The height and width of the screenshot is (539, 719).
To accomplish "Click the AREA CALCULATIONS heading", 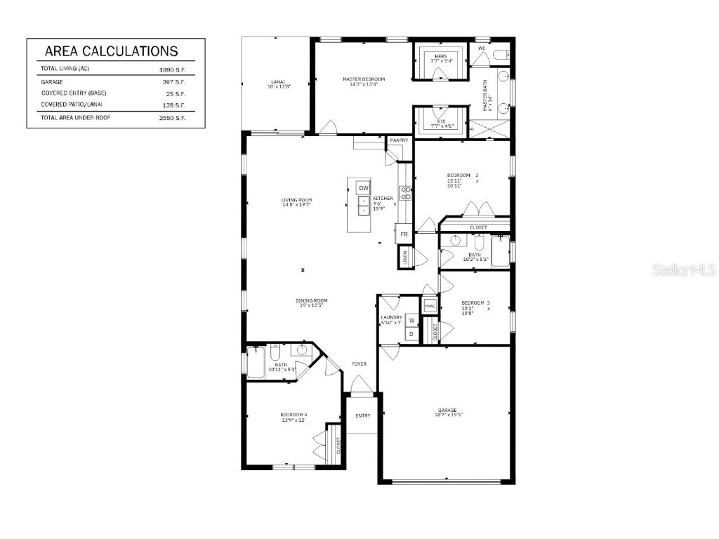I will pos(111,51).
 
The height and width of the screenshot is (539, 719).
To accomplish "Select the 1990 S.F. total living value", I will pos(173,70).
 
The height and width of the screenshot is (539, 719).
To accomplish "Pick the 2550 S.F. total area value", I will pos(173,118).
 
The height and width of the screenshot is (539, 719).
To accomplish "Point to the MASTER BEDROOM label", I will pos(364,79).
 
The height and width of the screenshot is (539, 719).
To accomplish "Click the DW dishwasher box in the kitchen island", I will pos(363,188).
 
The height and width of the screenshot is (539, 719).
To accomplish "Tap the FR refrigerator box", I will pos(404,234).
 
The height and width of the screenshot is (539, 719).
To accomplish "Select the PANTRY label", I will pos(399,140).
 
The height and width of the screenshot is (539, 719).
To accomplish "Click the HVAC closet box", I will pos(430,306).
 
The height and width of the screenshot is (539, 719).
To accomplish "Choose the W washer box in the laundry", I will pos(412,321).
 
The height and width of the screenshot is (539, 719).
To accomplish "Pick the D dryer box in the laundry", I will pos(411,334).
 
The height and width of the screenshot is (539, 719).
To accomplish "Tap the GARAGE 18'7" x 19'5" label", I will pos(447,413).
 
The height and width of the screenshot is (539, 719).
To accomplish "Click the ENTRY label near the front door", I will pos(362,415).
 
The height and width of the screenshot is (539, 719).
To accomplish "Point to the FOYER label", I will pos(359,364).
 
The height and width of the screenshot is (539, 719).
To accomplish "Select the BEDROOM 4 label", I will pos(293,417).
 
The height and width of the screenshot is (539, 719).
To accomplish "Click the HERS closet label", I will pos(441,56).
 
